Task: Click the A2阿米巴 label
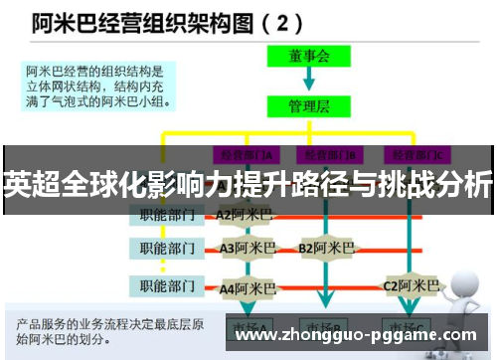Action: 245,214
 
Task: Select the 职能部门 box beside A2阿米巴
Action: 166,214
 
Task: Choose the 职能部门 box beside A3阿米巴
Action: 166,247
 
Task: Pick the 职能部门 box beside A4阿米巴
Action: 166,287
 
